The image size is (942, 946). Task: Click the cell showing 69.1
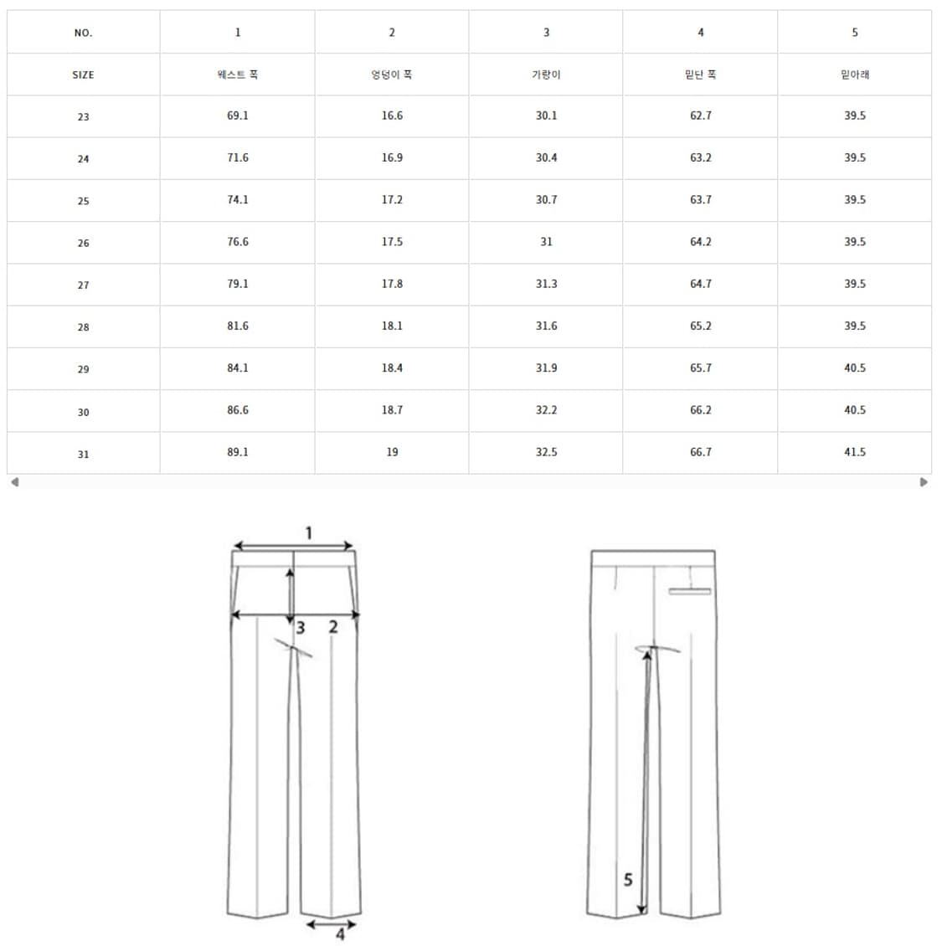237,116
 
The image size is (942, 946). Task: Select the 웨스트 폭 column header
237,75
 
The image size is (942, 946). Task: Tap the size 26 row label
83,243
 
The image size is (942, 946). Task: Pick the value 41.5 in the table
854,452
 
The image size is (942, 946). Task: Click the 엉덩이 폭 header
392,75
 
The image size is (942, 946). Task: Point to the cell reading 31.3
546,284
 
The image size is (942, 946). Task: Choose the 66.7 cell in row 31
701,452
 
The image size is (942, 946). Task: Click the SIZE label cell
83,75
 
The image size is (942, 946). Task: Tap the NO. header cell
83,33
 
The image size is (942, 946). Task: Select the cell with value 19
392,452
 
